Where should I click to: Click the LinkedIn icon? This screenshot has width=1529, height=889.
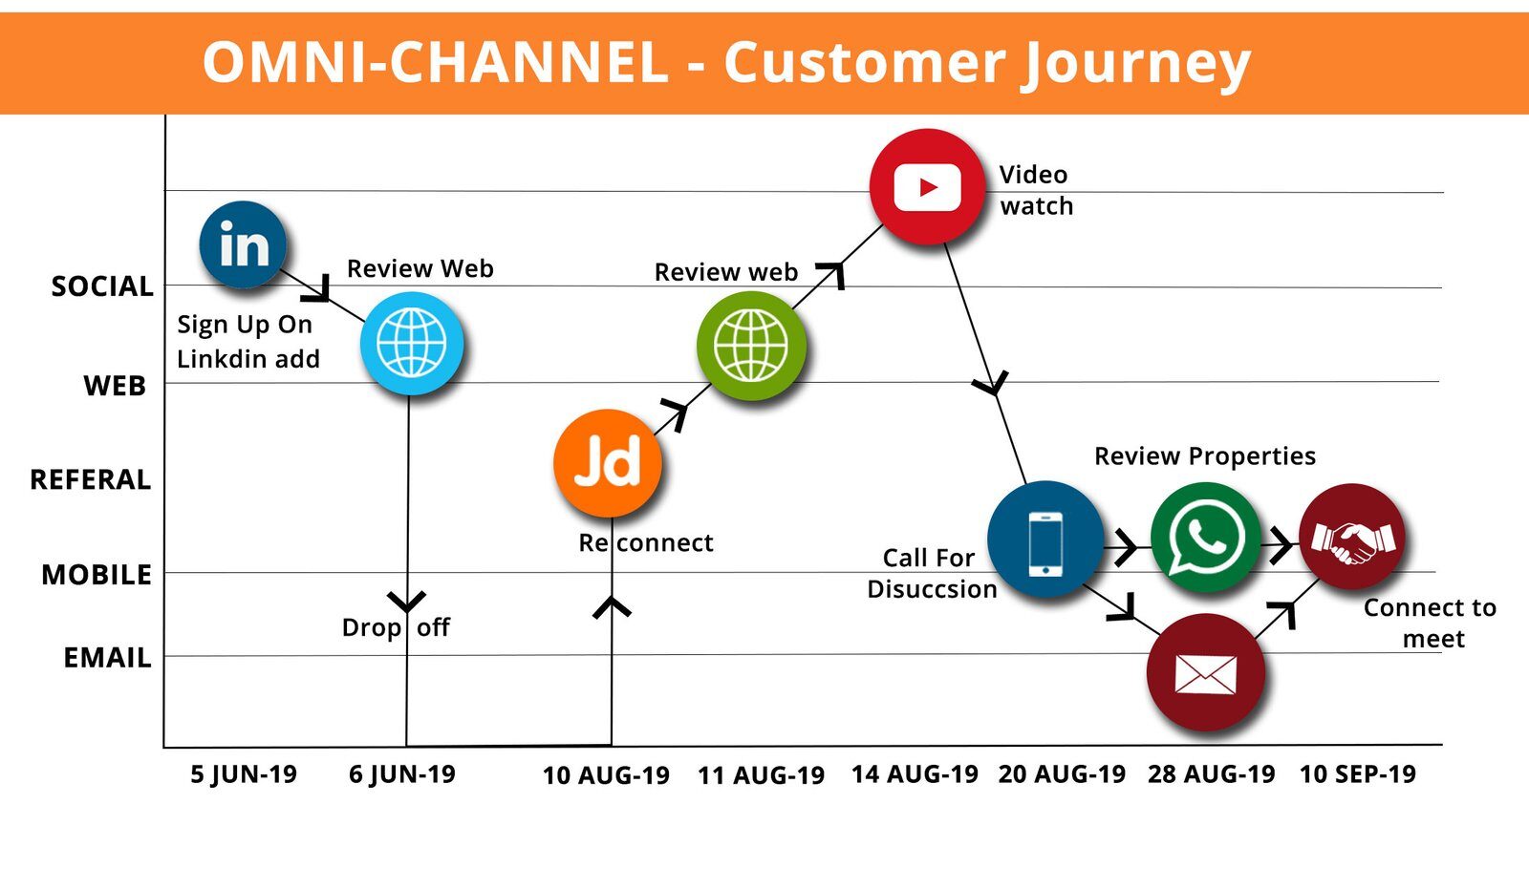pos(243,244)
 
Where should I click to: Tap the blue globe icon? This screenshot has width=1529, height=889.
pos(412,343)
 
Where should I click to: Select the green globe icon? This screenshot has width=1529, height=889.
pos(751,345)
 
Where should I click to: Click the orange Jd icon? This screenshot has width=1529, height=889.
pos(608,463)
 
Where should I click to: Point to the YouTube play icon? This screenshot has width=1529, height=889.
pos(927,187)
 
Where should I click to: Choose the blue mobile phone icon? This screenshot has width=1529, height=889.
pos(1045,540)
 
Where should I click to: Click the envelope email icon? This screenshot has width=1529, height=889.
pos(1206,673)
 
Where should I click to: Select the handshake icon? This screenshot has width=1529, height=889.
pos(1352,538)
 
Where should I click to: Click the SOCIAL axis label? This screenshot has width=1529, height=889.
pos(102,286)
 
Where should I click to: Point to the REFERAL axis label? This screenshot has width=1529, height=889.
pos(91,479)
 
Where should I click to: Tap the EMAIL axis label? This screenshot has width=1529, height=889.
pos(107,658)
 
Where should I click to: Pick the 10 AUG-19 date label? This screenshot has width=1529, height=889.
pos(606,775)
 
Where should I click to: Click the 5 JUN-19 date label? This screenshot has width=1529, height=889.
pos(244,774)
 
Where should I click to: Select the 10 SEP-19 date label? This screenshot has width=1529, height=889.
pos(1357,774)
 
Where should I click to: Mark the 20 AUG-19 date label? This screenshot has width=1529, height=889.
pos(1062,774)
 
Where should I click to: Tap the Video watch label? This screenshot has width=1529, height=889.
pos(1036,190)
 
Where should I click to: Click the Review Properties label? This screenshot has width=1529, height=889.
pos(1204,456)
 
